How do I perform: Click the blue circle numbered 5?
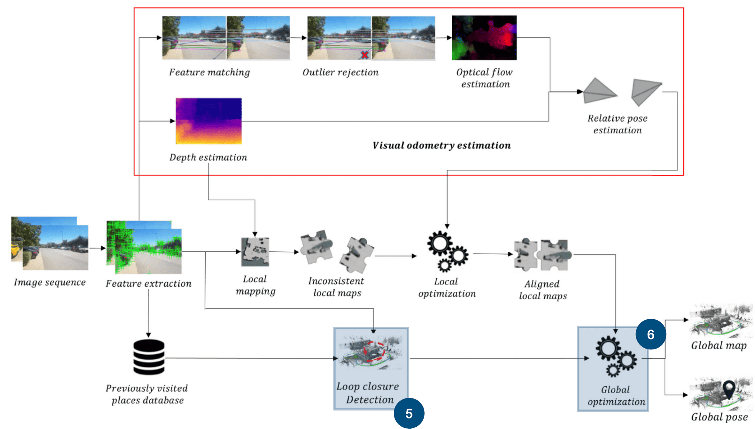coord(409,414)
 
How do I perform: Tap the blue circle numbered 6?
coord(651,334)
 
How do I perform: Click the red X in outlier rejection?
coord(365,55)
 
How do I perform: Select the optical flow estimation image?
coord(484,38)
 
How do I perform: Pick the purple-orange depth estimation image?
coord(209,121)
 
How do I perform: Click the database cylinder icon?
coord(149,357)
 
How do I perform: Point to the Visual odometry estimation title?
coord(441,146)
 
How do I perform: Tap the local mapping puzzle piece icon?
coord(255,252)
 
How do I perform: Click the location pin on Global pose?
coord(729,389)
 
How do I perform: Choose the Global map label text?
coord(719,346)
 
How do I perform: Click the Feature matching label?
coord(210,72)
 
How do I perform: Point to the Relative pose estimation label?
coord(617,124)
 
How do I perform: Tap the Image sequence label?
coord(50,282)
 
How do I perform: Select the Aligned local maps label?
coord(542,290)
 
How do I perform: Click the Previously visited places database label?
coord(147,394)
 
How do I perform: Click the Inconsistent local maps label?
coord(336,287)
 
